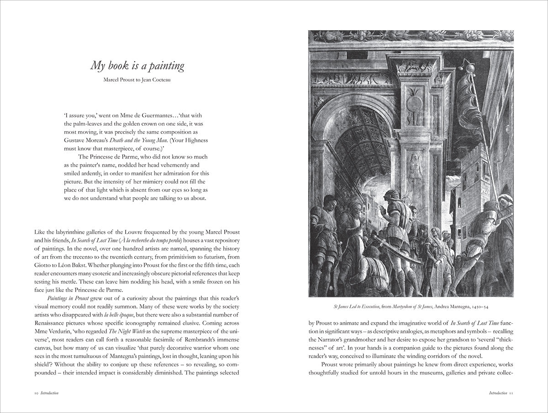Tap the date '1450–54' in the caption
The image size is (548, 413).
(x=486, y=306)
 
